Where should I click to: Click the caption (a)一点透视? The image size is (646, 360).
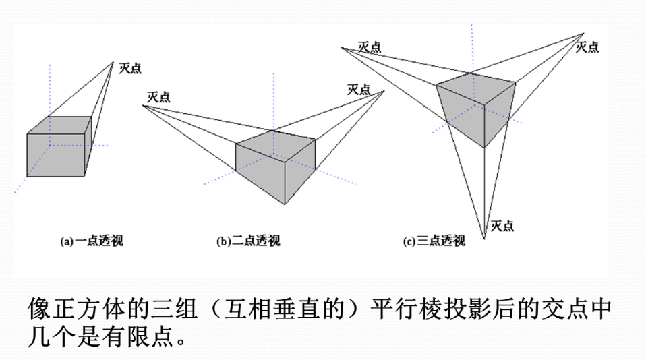[x=92, y=241]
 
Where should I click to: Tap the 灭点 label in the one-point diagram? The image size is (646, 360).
[x=129, y=68]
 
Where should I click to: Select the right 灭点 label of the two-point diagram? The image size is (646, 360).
[x=359, y=89]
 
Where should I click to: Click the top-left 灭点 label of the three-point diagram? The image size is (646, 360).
[x=369, y=47]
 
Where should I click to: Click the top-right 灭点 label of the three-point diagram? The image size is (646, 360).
[x=587, y=47]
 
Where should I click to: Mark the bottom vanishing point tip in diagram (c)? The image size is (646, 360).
[x=483, y=238]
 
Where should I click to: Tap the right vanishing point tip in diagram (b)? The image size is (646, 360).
[x=383, y=91]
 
